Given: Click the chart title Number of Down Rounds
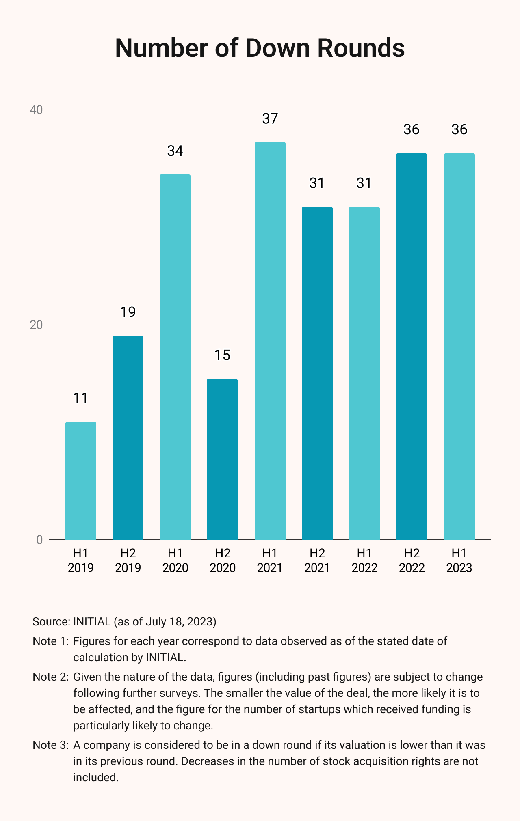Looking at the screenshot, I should point(260,48).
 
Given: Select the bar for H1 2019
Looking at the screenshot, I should point(81,481).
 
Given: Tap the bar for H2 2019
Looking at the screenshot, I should point(128,438).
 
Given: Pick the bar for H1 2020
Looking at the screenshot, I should point(175,357).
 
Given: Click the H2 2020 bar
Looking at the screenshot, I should point(222,459).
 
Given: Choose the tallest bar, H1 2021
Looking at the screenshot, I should point(270,341).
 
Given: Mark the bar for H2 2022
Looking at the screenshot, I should point(412,347).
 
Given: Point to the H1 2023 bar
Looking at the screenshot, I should point(459,347).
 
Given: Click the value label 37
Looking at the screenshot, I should point(270,119).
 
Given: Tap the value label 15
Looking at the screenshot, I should point(222,355).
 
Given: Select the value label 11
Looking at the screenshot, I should point(81,398).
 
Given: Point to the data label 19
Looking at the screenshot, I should point(128,312).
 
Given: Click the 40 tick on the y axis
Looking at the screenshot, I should point(37,110).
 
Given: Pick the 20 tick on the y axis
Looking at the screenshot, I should point(37,325).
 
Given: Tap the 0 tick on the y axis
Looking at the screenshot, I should point(39,540).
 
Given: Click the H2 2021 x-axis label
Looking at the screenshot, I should point(317,560).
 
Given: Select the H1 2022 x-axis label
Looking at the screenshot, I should point(364,560).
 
